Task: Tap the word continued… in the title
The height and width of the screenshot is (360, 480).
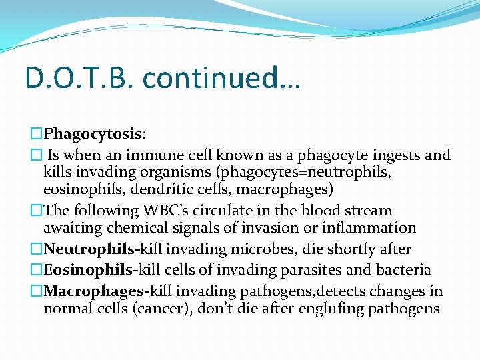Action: [221, 78]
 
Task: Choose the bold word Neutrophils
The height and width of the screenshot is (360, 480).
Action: [89, 249]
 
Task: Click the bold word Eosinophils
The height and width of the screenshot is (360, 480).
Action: [89, 270]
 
